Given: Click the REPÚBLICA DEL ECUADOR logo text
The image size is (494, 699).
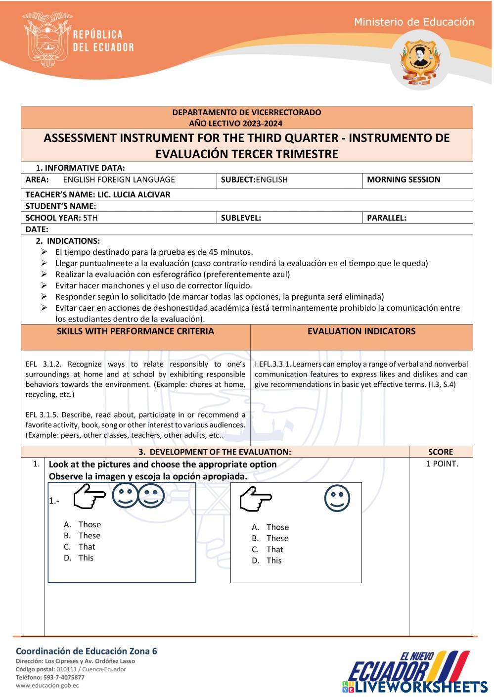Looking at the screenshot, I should pyautogui.click(x=103, y=41).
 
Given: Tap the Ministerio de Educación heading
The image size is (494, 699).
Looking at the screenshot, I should pyautogui.click(x=414, y=22).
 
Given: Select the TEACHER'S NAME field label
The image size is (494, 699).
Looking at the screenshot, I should pyautogui.click(x=97, y=194).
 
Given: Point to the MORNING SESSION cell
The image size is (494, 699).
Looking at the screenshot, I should pyautogui.click(x=403, y=180).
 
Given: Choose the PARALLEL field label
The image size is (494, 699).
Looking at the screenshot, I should pyautogui.click(x=386, y=218).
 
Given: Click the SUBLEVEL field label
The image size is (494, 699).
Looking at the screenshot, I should pyautogui.click(x=240, y=218).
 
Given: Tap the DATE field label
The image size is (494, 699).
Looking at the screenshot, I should pyautogui.click(x=37, y=230).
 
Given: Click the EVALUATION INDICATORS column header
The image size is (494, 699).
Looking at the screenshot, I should pyautogui.click(x=361, y=331).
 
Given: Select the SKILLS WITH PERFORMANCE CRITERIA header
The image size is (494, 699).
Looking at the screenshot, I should pyautogui.click(x=135, y=331).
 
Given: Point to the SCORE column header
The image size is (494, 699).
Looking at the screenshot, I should pyautogui.click(x=440, y=452).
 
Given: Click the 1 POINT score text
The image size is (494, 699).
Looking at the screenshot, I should pyautogui.click(x=442, y=464).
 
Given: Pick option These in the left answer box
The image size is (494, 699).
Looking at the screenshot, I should pyautogui.click(x=89, y=536).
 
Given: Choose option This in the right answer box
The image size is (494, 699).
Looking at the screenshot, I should pyautogui.click(x=273, y=560).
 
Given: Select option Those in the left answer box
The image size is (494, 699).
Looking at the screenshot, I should pyautogui.click(x=89, y=524).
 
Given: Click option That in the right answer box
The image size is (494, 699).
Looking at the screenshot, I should pyautogui.click(x=274, y=550).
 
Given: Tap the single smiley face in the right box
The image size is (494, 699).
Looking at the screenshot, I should pyautogui.click(x=337, y=498).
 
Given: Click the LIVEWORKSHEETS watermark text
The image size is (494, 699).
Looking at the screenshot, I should pyautogui.click(x=420, y=687).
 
